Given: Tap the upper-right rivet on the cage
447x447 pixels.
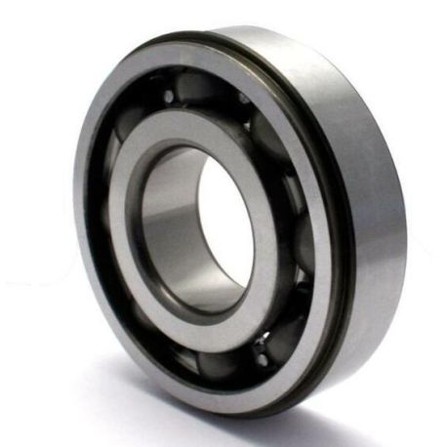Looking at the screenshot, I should pos(243,99).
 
